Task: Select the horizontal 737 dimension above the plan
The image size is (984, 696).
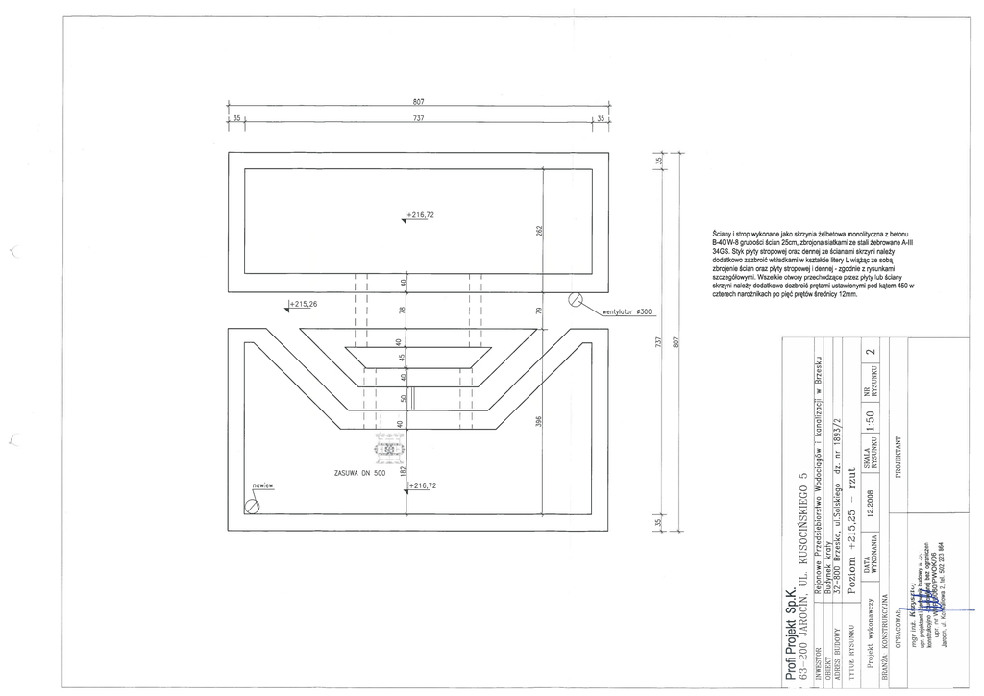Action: tap(419, 117)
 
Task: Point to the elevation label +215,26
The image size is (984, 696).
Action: tap(303, 304)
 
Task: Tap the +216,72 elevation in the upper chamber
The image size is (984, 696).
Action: tap(420, 214)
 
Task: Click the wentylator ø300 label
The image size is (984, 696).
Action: tap(627, 311)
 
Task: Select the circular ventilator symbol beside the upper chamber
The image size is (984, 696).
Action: tap(576, 299)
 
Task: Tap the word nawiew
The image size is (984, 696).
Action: tap(263, 486)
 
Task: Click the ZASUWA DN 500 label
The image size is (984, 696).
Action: tap(358, 473)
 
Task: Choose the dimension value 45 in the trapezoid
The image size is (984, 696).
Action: tap(403, 360)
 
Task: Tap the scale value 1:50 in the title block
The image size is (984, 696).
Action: tap(869, 421)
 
